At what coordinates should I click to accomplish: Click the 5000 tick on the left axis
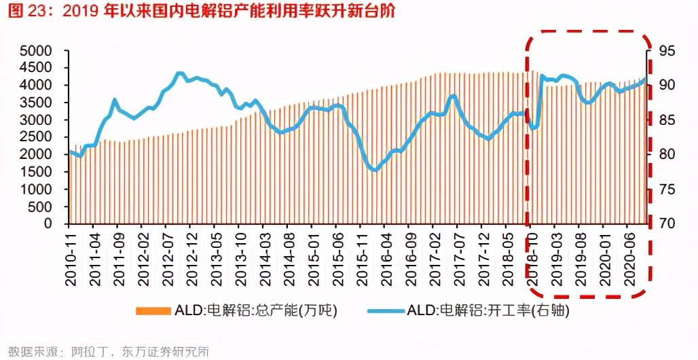[x=35, y=51]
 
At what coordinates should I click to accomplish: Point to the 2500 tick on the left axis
[x=35, y=137]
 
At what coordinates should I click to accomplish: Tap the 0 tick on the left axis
[x=47, y=223]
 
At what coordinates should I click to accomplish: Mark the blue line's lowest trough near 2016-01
[x=374, y=170]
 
